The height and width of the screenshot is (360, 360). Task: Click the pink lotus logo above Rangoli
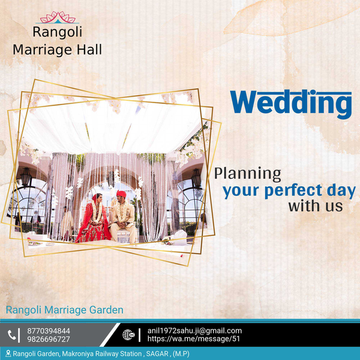click(58, 17)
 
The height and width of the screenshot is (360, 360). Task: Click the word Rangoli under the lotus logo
click(58, 32)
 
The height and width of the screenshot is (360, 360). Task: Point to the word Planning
click(247, 174)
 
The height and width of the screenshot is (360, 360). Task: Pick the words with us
click(316, 206)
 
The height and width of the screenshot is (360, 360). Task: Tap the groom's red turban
click(121, 194)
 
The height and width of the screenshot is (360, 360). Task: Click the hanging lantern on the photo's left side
click(25, 177)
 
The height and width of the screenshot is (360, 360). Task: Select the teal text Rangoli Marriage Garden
click(65, 310)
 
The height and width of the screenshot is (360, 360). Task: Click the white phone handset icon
click(12, 335)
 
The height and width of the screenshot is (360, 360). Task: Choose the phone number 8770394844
click(49, 331)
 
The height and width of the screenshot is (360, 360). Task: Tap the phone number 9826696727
click(49, 339)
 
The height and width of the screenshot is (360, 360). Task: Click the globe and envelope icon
click(128, 335)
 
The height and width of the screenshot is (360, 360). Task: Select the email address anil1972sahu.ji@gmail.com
click(194, 331)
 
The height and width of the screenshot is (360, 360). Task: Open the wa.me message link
click(194, 338)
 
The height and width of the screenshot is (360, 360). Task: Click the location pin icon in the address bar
click(8, 353)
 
